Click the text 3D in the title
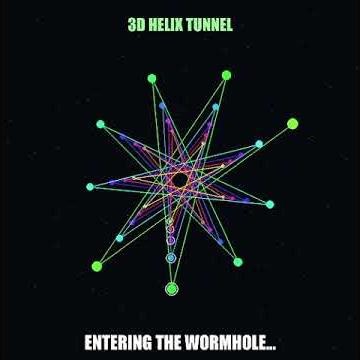[137, 25]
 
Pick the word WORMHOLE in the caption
[234, 343]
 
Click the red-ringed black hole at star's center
[180, 181]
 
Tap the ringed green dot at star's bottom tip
[171, 289]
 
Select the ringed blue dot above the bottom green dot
[171, 258]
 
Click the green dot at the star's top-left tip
[152, 78]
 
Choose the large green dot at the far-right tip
[292, 124]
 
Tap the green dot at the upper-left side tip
[100, 124]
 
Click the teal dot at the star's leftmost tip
[90, 186]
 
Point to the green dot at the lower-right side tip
[270, 204]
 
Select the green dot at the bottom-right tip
[238, 262]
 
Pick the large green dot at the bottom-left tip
[97, 266]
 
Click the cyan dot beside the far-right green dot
[259, 144]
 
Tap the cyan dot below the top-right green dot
[215, 107]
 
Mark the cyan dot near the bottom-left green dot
[120, 238]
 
